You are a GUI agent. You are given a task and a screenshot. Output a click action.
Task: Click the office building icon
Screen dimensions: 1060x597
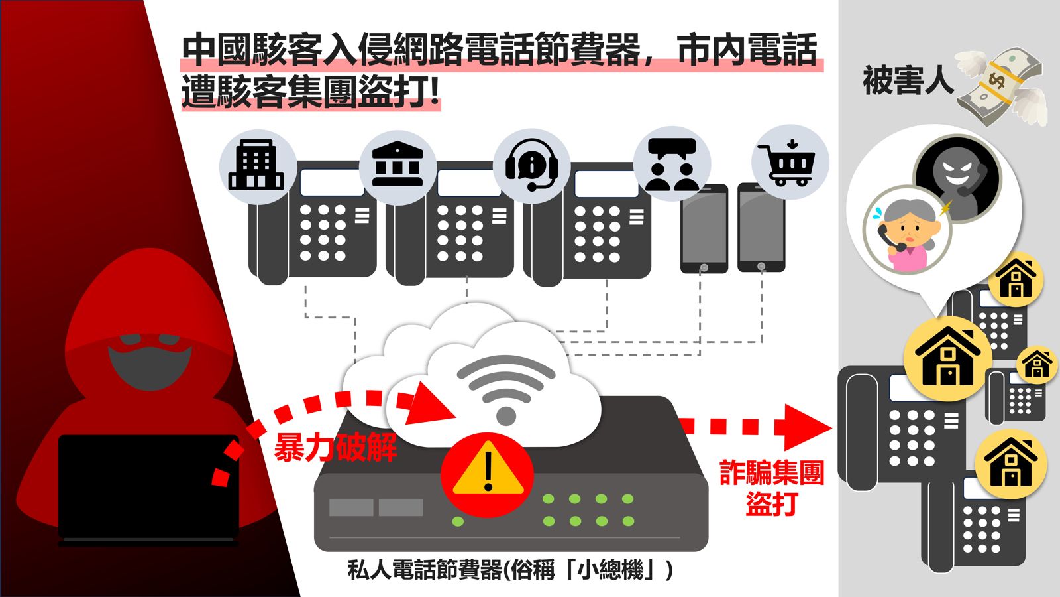(x=256, y=165)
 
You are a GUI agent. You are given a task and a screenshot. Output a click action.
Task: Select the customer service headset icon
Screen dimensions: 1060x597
(x=532, y=165)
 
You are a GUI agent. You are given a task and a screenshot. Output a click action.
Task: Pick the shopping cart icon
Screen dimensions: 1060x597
(x=786, y=163)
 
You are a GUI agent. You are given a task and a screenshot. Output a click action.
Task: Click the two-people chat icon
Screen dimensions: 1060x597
(x=672, y=164)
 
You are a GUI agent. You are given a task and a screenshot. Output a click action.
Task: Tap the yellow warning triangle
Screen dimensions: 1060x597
(x=488, y=468)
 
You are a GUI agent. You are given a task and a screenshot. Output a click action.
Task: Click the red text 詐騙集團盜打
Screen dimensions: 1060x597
(x=772, y=488)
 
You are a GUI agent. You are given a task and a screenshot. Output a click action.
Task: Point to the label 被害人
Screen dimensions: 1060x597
(x=908, y=80)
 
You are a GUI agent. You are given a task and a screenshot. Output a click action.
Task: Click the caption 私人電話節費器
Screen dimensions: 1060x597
(x=424, y=570)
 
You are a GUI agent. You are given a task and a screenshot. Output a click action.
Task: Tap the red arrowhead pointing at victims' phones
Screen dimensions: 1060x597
(x=808, y=428)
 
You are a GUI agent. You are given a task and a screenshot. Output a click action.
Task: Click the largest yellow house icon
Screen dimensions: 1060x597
(x=948, y=359)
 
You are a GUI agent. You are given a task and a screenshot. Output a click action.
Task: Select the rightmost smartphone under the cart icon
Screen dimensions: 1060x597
(x=761, y=228)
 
